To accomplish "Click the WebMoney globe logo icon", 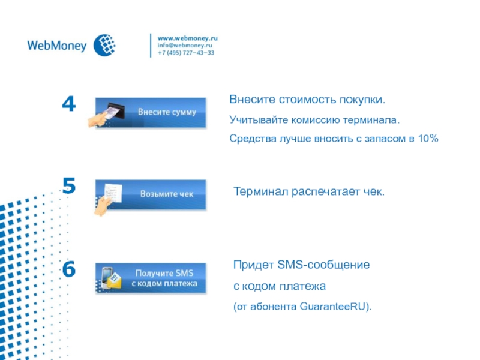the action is click(104, 46).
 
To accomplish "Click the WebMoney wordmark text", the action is click(57, 46).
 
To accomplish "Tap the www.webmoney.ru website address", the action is click(187, 38).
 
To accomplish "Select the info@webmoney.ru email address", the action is click(185, 46).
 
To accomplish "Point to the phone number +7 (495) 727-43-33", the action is click(186, 53).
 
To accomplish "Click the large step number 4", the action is click(69, 104).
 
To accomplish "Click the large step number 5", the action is click(69, 185).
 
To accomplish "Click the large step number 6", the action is click(69, 269).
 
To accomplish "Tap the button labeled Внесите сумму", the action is click(151, 113).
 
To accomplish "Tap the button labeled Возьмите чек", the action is click(151, 194).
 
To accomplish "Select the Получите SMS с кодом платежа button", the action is click(151, 278).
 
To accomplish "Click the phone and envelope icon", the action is click(111, 278).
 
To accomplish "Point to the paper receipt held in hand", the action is click(113, 193).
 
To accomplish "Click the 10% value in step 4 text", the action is click(428, 139).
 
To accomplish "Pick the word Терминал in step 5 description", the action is click(261, 191).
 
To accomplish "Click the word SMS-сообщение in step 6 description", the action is click(323, 265).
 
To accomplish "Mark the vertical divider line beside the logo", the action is click(151, 46).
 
